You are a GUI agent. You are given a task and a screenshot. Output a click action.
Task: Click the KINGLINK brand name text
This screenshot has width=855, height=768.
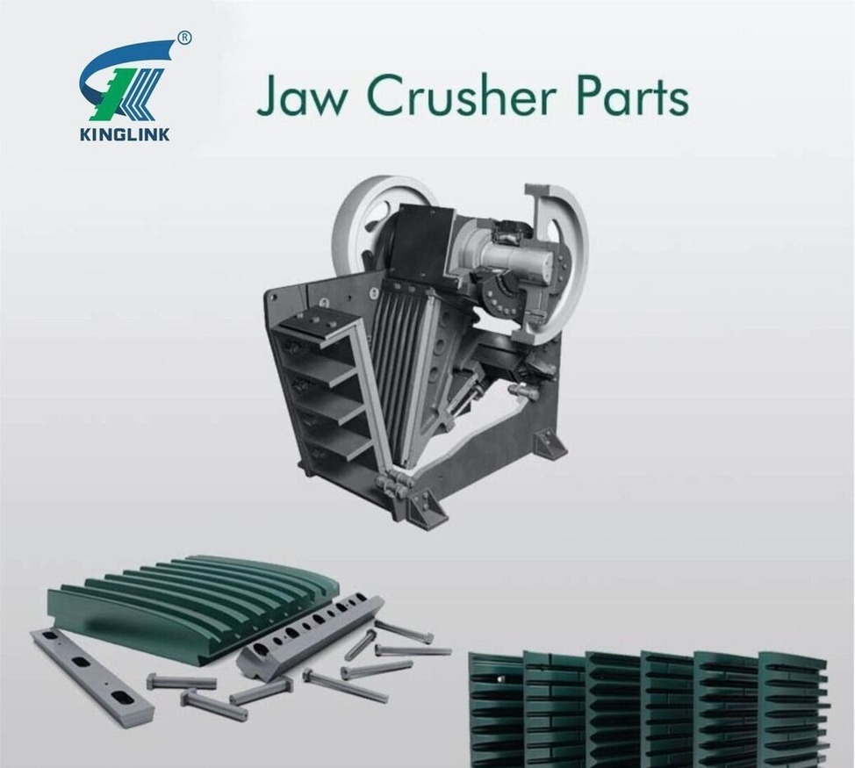click(x=125, y=133)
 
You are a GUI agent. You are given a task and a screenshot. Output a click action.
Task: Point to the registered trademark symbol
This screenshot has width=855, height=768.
click(x=185, y=38)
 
